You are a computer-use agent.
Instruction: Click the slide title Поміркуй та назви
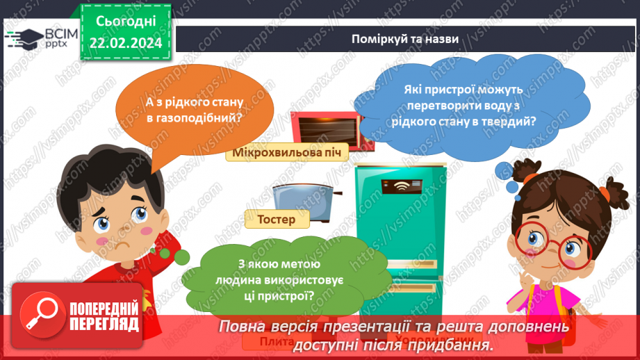tap(404, 40)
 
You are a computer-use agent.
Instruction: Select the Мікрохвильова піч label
tap(286, 153)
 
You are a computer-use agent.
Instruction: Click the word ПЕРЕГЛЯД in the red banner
tap(104, 325)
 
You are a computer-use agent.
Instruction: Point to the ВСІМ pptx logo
tap(44, 38)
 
